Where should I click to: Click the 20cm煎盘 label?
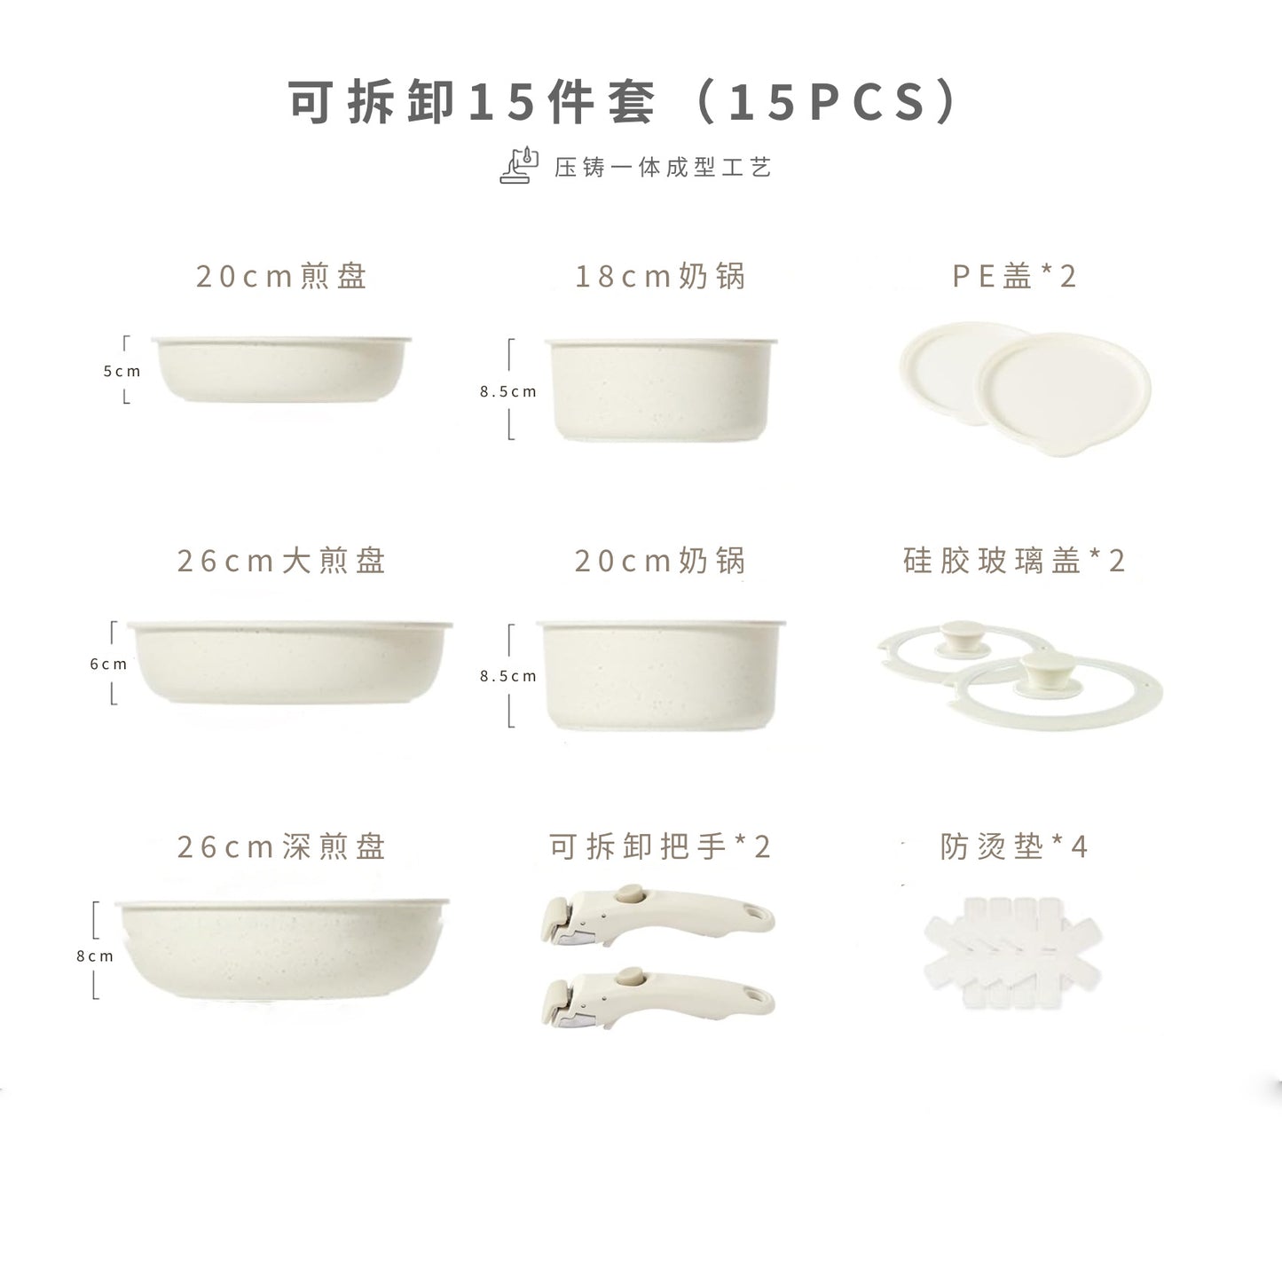[281, 277]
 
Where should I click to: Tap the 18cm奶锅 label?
[660, 277]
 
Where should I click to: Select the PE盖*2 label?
[1014, 277]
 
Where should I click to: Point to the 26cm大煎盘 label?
[281, 562]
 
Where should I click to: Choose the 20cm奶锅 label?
[660, 562]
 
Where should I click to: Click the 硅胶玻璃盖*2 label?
[1014, 562]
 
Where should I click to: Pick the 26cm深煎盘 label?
[281, 847]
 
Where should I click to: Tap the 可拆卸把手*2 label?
[660, 847]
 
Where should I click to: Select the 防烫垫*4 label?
[1014, 847]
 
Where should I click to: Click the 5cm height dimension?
[122, 372]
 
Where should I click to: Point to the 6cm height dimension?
[108, 665]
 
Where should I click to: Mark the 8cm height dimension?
[95, 956]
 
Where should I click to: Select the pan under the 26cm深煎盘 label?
[281, 949]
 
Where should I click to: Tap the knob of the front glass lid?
[1045, 667]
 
